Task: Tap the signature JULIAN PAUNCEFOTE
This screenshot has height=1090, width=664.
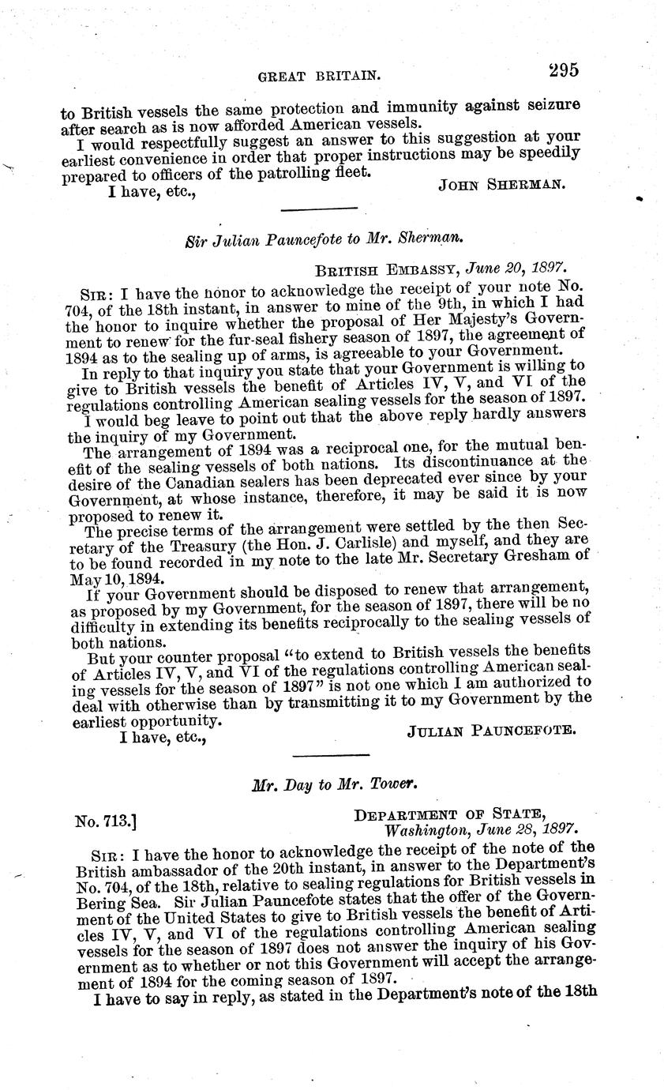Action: (x=490, y=731)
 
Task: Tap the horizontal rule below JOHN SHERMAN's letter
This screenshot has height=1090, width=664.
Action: (x=320, y=209)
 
